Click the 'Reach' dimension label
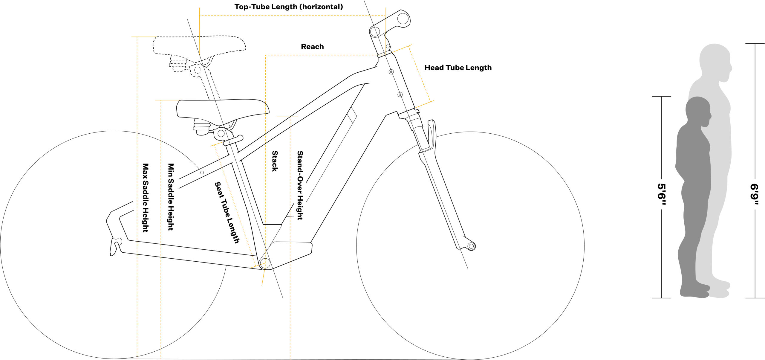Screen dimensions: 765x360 pyautogui.click(x=312, y=47)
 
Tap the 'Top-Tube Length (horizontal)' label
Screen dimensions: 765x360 pyautogui.click(x=289, y=7)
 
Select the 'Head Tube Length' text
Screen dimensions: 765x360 pyautogui.click(x=458, y=68)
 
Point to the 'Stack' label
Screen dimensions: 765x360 pyautogui.click(x=275, y=161)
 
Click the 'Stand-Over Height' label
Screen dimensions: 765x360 pyautogui.click(x=300, y=185)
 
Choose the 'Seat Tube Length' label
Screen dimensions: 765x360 pyautogui.click(x=227, y=212)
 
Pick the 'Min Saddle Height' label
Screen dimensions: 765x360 pyautogui.click(x=171, y=197)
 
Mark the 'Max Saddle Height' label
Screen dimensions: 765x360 pyautogui.click(x=146, y=198)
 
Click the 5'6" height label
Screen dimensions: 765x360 pyautogui.click(x=662, y=194)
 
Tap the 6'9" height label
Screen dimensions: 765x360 pyautogui.click(x=755, y=194)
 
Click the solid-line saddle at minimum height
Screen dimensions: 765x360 pyautogui.click(x=223, y=109)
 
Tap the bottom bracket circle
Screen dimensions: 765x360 pyautogui.click(x=265, y=263)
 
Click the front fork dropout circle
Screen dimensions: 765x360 pyautogui.click(x=471, y=246)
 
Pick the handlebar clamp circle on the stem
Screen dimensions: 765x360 pyautogui.click(x=403, y=19)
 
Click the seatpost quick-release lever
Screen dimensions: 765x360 pyautogui.click(x=233, y=141)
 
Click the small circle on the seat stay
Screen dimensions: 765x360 pyautogui.click(x=202, y=173)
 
